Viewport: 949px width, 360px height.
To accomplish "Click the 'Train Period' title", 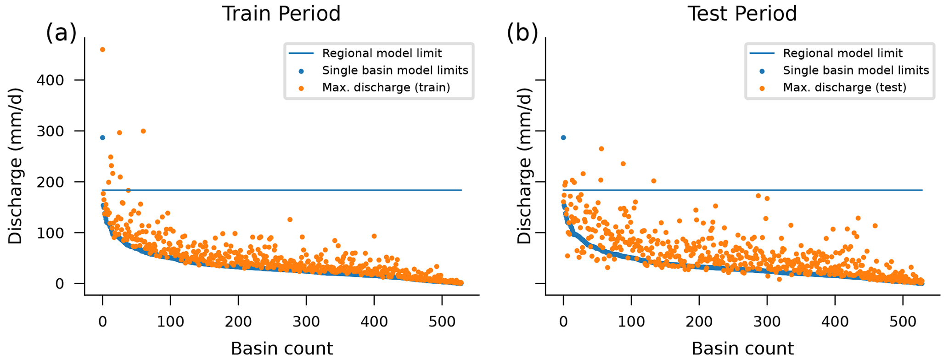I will coord(281,14).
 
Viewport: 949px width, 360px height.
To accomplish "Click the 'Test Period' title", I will coord(742,14).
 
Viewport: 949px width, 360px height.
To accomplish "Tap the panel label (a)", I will coord(61,34).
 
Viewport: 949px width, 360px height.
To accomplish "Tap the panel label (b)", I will coord(522,34).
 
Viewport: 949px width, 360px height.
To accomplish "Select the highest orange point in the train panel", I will coord(102,50).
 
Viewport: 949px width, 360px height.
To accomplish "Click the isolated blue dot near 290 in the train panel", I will coord(102,138).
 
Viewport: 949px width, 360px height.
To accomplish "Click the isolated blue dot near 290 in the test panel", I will coord(563,138).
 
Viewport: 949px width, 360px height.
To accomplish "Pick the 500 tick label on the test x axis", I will coord(903,321).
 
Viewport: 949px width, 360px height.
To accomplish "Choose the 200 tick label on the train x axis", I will coord(238,321).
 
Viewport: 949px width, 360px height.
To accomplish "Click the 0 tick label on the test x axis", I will coord(563,321).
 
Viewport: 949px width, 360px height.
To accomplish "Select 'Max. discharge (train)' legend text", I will coord(386,88).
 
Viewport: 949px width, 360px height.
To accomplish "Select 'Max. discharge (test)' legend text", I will coord(844,88).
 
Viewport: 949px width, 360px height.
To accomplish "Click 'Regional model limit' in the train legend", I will coord(382,53).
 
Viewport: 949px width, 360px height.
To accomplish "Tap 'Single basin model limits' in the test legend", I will coord(856,70).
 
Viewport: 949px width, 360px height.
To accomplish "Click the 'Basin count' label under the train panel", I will coord(281,349).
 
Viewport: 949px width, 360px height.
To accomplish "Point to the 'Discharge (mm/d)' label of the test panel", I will coord(524,166).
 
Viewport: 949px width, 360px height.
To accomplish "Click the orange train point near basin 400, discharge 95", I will coord(374,236).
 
